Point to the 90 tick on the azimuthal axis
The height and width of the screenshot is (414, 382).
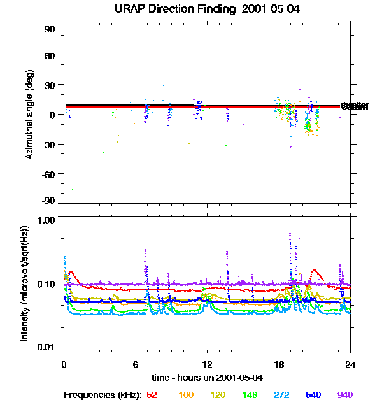pos(50,29)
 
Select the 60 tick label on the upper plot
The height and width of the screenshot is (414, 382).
pos(50,55)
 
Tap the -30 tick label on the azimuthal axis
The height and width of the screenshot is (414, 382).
pos(47,144)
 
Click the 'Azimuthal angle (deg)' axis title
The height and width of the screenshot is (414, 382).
pos(29,115)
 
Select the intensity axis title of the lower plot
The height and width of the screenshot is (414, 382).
pos(25,282)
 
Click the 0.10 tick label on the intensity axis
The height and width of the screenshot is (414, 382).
pos(46,283)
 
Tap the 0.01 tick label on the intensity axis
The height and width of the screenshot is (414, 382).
pos(46,347)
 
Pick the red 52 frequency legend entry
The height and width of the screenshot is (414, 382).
pos(152,395)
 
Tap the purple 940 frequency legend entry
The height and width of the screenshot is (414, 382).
pos(345,395)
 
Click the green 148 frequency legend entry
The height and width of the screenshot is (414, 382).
pos(249,395)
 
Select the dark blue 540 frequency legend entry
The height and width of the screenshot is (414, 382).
pos(313,395)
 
